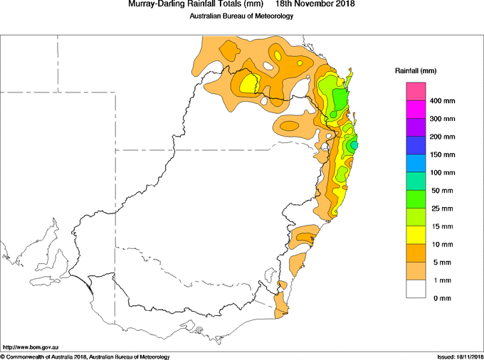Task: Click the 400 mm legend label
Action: pos(442,101)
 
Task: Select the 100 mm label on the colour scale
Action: pos(442,173)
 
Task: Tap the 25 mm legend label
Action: pos(442,208)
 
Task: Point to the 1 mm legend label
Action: pos(442,280)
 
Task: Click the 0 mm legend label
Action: pos(442,298)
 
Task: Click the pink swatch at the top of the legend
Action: pos(416,92)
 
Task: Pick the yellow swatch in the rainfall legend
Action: pos(416,235)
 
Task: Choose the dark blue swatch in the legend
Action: pos(416,146)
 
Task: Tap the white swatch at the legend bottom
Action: pos(416,289)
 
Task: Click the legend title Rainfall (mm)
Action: pos(416,71)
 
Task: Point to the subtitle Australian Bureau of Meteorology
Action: pos(241,16)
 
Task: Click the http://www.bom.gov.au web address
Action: pos(31,347)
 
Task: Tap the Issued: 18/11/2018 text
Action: pos(460,357)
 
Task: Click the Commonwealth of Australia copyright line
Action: pos(85,357)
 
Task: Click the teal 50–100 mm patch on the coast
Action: pos(354,144)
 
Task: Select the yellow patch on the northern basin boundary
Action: pos(248,83)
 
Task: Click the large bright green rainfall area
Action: pos(340,100)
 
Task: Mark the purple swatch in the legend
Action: pos(416,128)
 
